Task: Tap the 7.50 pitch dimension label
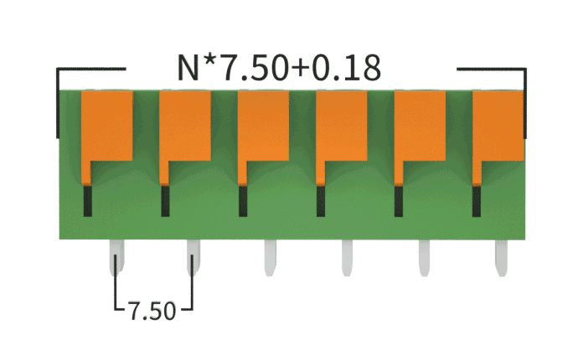click(152, 311)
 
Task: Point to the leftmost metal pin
click(115, 257)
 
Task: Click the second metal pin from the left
click(193, 257)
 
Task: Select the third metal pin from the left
click(270, 257)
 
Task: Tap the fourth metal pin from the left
click(347, 257)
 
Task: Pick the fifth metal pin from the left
click(425, 257)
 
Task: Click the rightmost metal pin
click(502, 257)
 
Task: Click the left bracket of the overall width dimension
click(58, 100)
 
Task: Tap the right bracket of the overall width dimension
click(525, 100)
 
